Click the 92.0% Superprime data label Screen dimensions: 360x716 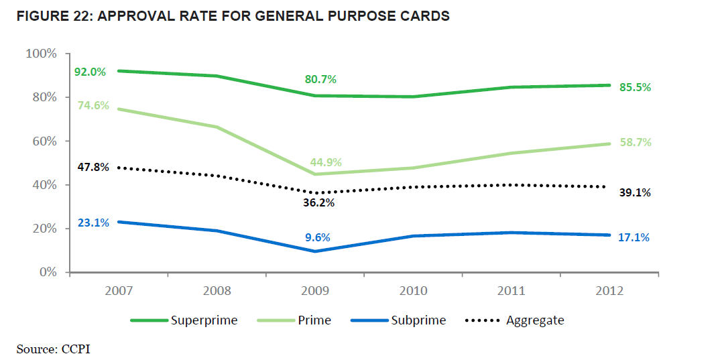[90, 72]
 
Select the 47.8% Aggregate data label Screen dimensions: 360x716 [92, 168]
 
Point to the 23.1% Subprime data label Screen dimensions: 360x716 [93, 223]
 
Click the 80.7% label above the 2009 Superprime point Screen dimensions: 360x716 [320, 79]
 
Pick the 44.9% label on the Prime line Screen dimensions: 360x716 [325, 162]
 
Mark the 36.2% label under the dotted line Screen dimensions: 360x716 [319, 202]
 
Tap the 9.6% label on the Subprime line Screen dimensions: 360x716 [318, 237]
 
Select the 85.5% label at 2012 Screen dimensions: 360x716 [635, 87]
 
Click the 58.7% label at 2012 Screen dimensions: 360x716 [635, 142]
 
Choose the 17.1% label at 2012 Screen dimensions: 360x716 [634, 237]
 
